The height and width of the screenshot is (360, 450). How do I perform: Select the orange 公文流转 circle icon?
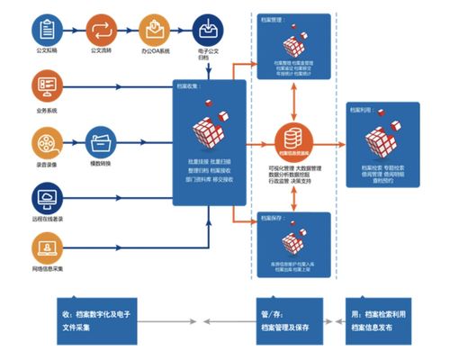point(99,27)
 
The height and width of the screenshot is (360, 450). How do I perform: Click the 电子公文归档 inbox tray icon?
point(208,27)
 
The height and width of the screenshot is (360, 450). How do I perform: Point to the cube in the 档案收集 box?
point(209,132)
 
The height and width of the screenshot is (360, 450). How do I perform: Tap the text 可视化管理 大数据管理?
point(292,166)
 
